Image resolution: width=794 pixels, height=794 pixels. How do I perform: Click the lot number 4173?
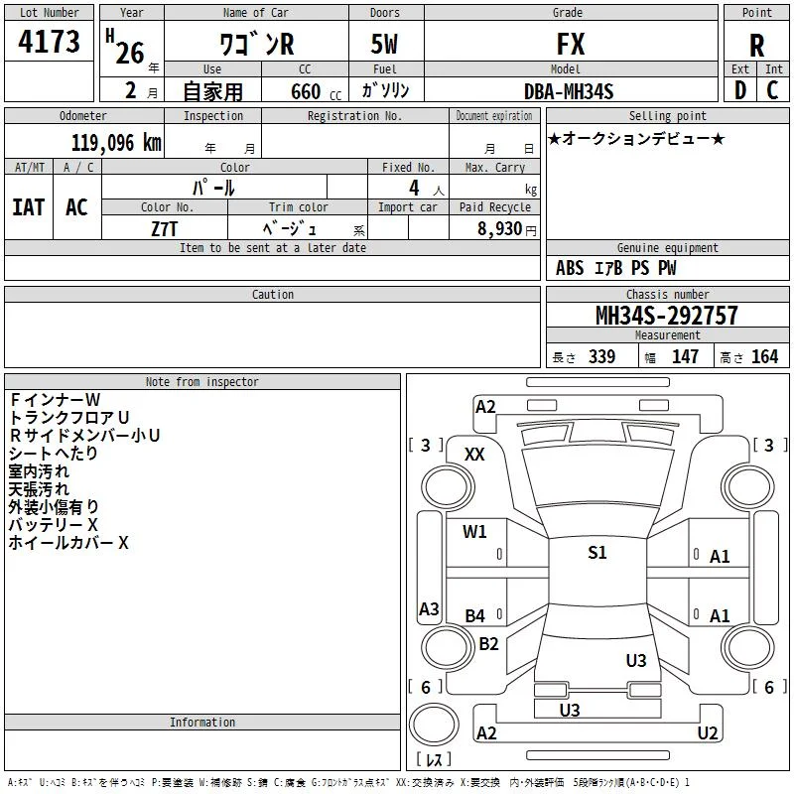click(x=49, y=41)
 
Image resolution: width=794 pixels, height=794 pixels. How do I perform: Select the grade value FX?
click(x=571, y=44)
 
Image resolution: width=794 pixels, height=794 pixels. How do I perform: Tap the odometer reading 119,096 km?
click(x=116, y=143)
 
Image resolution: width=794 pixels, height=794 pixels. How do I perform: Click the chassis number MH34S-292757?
click(x=666, y=316)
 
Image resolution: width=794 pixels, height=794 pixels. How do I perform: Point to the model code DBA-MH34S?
click(x=569, y=91)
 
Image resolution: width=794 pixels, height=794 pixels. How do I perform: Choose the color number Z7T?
click(x=164, y=229)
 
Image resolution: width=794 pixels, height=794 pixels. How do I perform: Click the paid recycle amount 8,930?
click(x=499, y=228)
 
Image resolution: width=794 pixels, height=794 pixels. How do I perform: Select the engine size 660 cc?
click(x=316, y=91)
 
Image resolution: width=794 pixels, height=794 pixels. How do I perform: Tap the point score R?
click(x=756, y=46)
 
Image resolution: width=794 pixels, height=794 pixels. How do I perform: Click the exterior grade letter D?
click(x=740, y=90)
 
